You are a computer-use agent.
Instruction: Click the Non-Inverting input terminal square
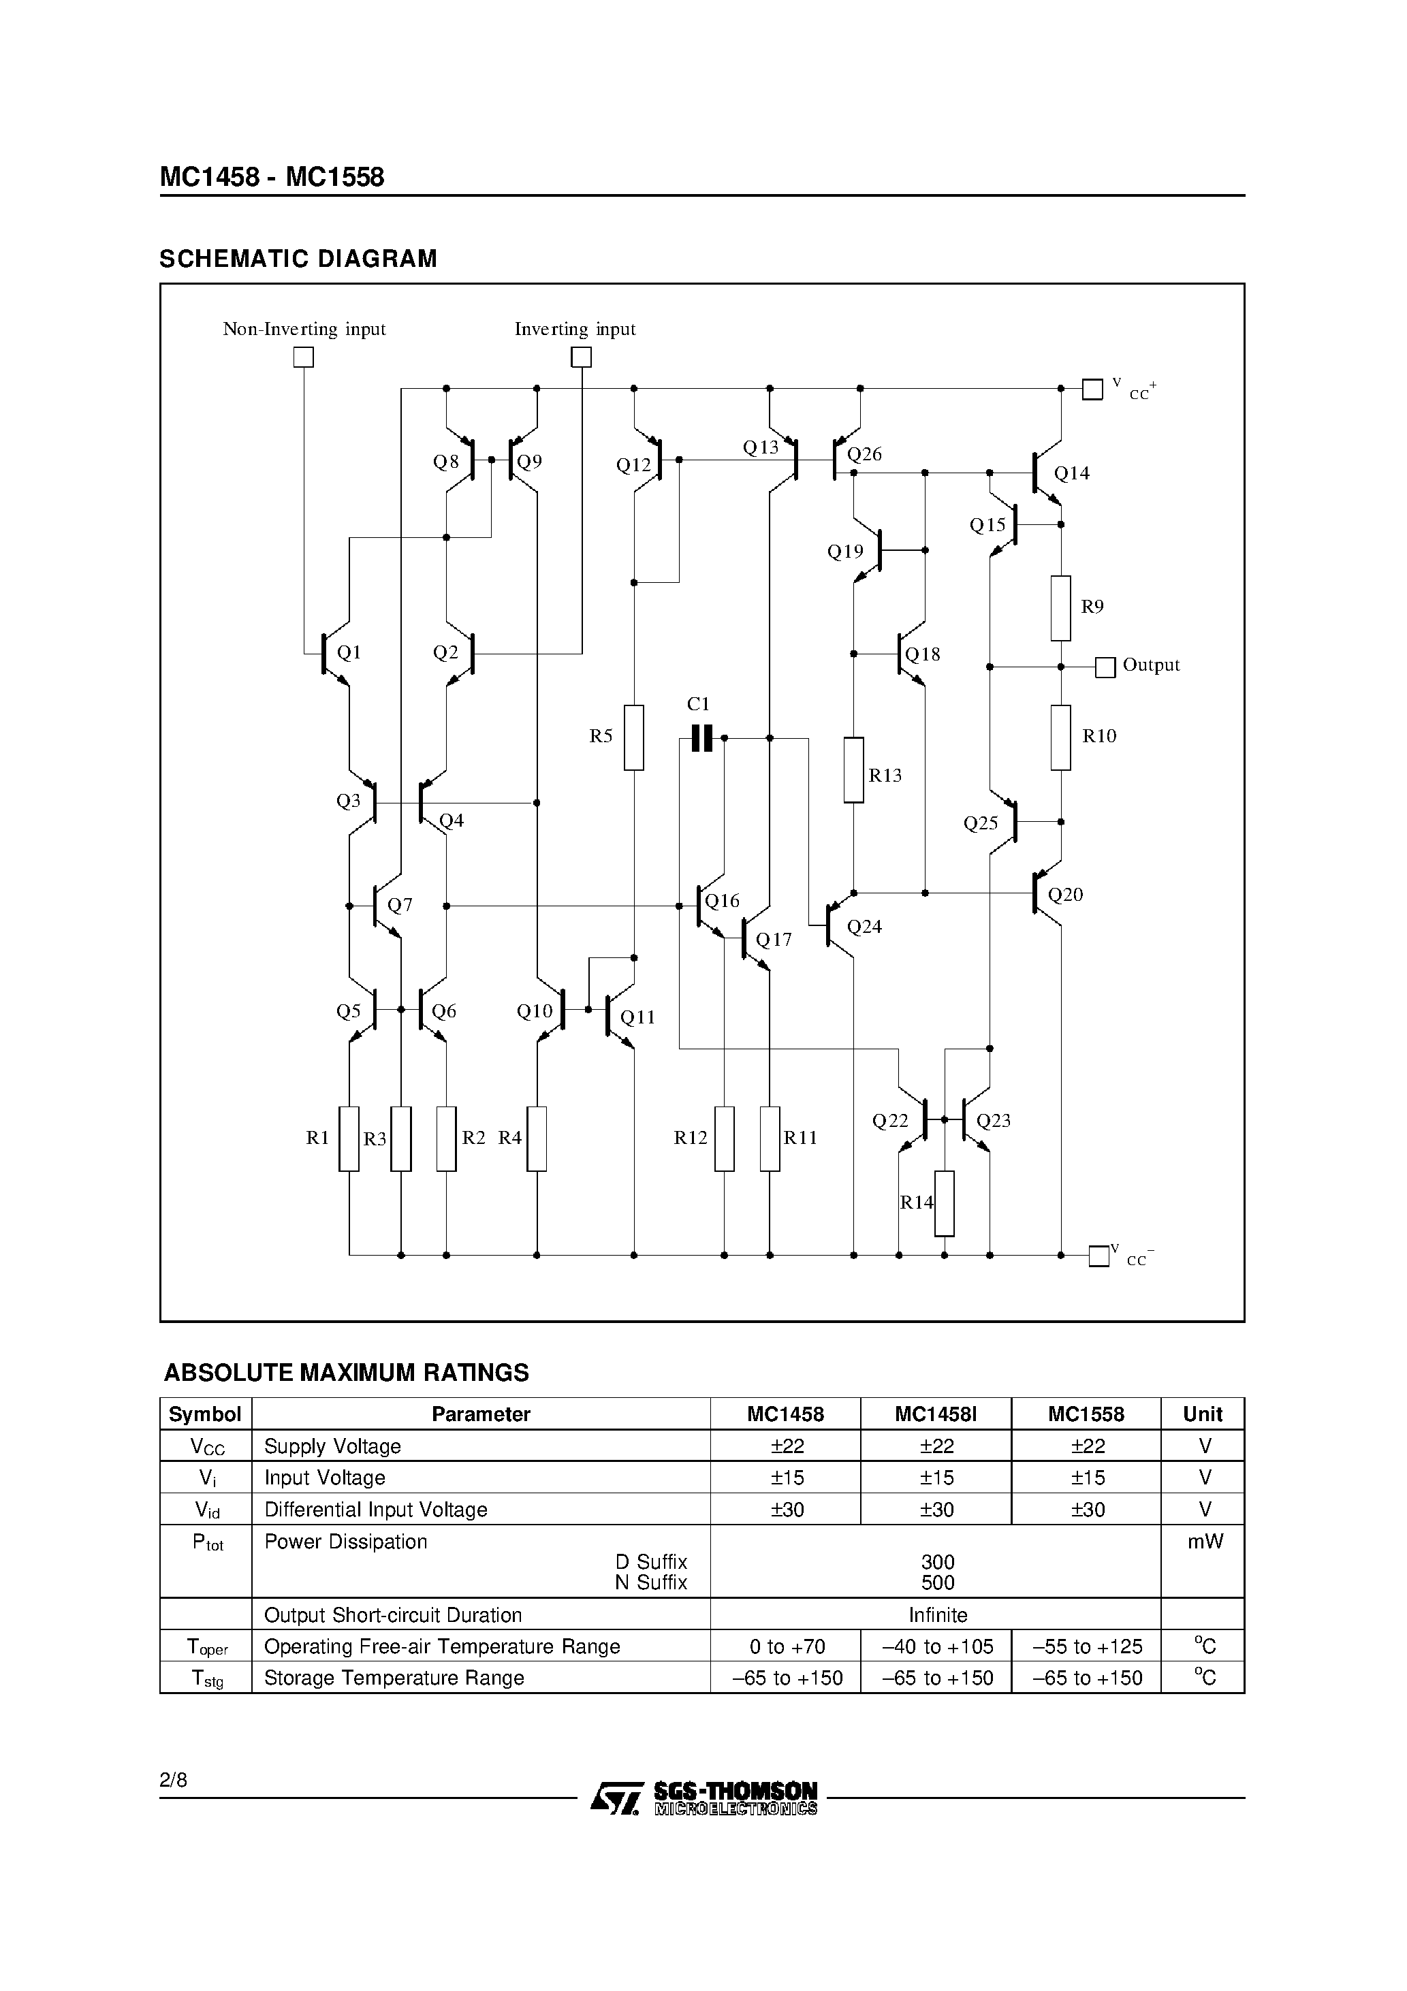(303, 357)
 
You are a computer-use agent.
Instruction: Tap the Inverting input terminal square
(581, 357)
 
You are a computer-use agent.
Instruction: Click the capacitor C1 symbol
(701, 738)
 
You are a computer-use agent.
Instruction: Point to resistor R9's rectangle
(1060, 608)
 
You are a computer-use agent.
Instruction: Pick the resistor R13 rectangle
(853, 770)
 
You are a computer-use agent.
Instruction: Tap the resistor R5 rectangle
(634, 737)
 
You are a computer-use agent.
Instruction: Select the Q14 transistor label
(1071, 473)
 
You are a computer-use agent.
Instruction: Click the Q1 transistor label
(348, 652)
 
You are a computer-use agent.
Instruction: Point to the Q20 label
(1065, 895)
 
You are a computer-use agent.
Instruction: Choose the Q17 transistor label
(774, 940)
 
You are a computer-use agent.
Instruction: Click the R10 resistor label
(1099, 736)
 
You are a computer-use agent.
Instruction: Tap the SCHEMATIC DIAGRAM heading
(298, 259)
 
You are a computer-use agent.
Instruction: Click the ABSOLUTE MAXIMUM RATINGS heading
(346, 1373)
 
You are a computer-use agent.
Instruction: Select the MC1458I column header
(936, 1414)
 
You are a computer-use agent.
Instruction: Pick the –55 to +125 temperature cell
(1087, 1646)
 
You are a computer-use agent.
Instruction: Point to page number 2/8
(174, 1781)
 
